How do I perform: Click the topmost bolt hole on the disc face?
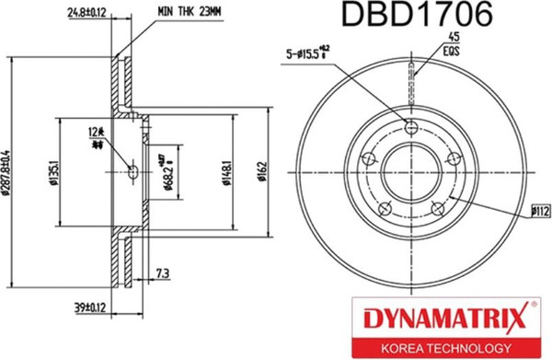point(412,128)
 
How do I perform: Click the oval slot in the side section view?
point(131,171)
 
